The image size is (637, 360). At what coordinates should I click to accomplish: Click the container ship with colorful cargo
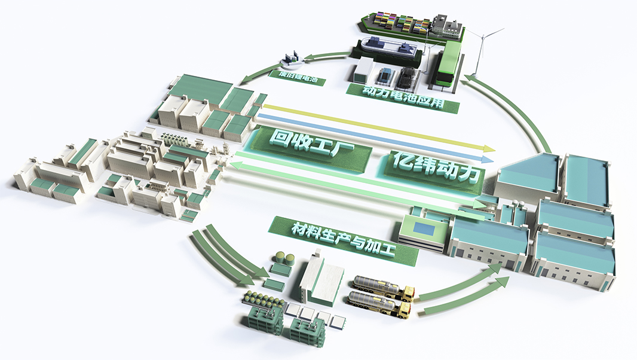click(411, 24)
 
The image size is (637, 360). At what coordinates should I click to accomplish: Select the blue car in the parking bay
click(384, 76)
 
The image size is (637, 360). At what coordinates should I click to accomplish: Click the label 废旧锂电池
click(298, 77)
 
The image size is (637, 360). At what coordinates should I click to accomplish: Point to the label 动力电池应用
click(403, 97)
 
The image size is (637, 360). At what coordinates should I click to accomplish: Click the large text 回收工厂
click(312, 147)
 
